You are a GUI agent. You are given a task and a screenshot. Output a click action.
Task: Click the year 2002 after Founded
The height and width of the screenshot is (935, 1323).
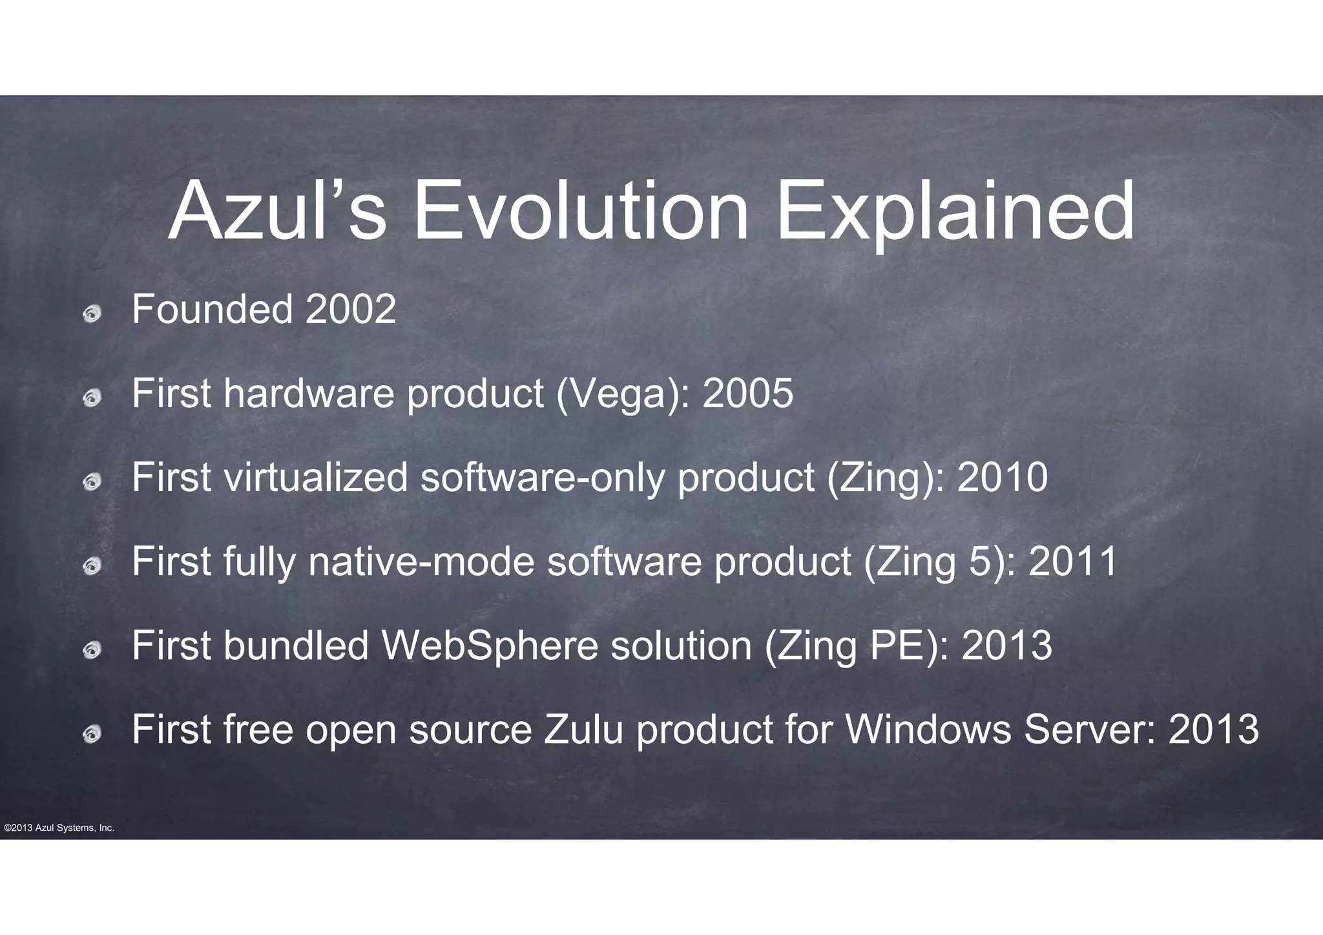tap(350, 310)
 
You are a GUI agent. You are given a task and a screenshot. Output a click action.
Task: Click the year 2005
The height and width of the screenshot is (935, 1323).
tap(747, 394)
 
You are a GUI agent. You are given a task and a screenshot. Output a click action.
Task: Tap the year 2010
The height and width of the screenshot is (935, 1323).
tap(1002, 478)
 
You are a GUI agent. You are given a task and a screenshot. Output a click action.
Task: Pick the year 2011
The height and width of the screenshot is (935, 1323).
tap(1072, 562)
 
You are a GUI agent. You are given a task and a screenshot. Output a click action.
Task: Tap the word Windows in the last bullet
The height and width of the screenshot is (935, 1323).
tap(928, 730)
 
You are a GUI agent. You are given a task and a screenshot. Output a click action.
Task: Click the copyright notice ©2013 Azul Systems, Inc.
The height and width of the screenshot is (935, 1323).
tap(59, 828)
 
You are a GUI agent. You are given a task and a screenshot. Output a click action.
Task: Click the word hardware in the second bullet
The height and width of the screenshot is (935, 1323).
tap(309, 394)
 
